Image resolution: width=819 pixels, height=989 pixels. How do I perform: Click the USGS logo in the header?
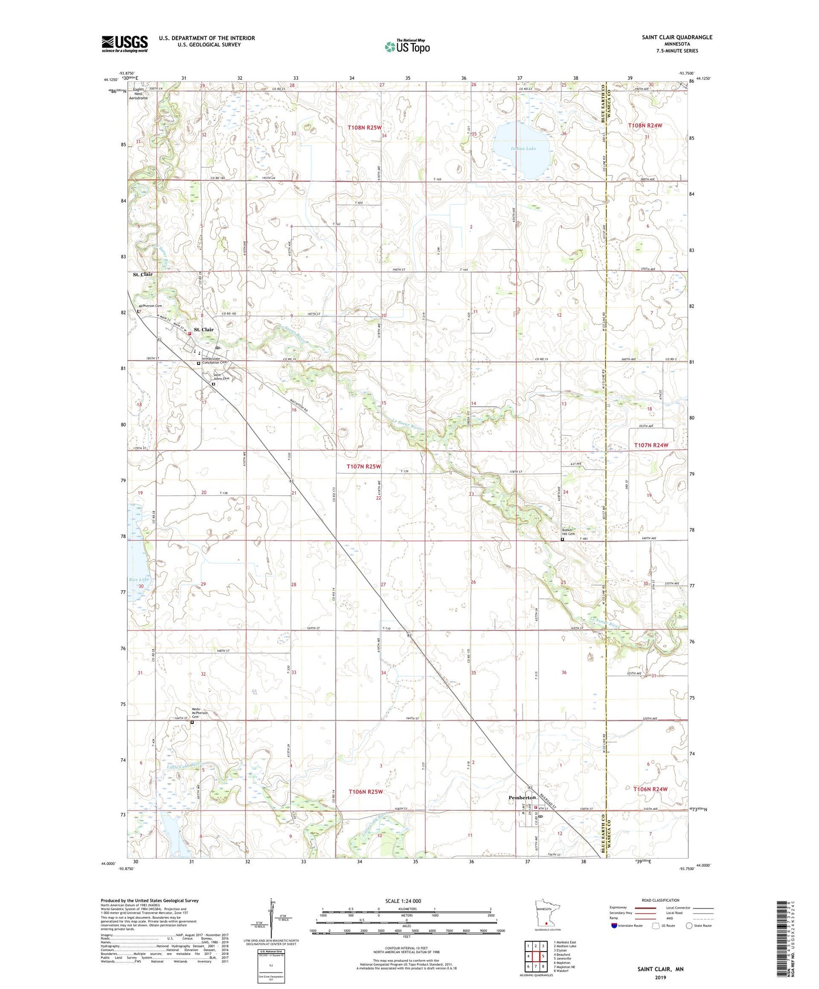coord(125,44)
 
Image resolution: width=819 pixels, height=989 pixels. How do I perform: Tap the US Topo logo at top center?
coord(406,46)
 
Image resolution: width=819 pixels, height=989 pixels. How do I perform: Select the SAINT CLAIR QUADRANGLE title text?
coord(677,37)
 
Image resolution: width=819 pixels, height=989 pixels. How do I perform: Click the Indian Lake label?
coord(523,149)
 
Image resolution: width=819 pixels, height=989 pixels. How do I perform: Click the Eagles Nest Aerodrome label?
coord(139,93)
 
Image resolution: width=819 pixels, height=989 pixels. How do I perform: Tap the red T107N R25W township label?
coord(363,467)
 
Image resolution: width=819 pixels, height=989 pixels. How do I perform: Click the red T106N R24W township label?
coord(648,789)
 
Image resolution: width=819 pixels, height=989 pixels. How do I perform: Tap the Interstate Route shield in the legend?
coord(615,926)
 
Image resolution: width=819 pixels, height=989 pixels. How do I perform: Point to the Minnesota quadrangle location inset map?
coord(546,914)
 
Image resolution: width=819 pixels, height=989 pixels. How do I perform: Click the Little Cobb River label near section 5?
coord(184,765)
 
